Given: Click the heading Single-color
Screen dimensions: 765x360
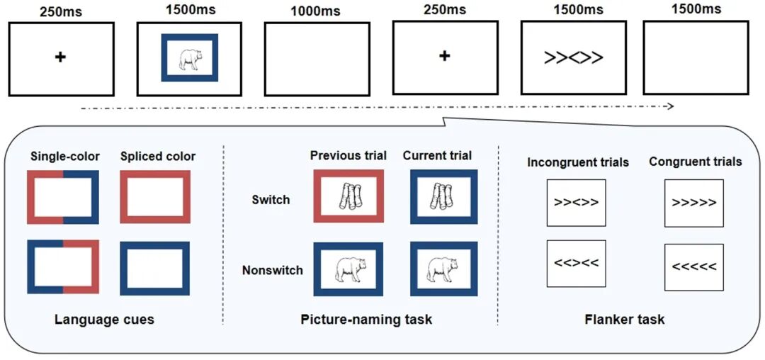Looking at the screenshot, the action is click(x=65, y=157).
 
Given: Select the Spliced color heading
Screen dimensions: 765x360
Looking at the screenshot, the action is click(x=157, y=157).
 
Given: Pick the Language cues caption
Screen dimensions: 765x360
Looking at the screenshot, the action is click(x=104, y=320).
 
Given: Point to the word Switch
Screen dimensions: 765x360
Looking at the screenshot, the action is click(x=271, y=200).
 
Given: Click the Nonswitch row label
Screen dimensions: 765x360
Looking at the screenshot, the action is click(x=272, y=270).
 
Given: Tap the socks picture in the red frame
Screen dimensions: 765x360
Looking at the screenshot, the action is click(x=348, y=196).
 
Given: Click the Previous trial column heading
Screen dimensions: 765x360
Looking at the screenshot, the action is click(x=348, y=157).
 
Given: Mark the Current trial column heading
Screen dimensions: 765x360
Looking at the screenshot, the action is click(x=438, y=157).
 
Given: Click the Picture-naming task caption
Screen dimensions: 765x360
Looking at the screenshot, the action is click(x=366, y=320).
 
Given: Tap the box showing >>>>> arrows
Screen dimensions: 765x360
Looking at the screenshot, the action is click(x=693, y=203).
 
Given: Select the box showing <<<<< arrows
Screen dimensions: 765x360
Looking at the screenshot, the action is click(x=693, y=267).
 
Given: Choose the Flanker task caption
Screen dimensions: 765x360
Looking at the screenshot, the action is click(x=625, y=320).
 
